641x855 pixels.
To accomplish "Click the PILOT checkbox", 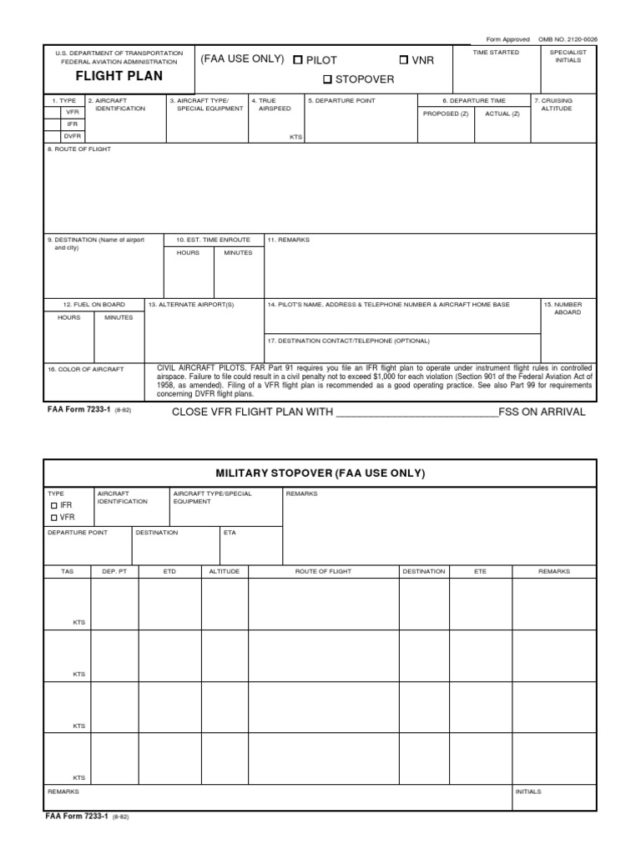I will coord(298,60).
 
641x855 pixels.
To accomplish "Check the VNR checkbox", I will coord(405,60).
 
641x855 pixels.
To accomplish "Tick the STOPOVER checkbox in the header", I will coord(328,79).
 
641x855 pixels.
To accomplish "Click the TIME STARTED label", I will coord(496,53).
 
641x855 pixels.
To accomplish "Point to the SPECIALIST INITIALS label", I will coord(568,56).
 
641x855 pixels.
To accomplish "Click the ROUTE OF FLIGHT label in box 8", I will coord(79,149).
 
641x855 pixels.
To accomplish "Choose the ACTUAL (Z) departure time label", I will coord(502,114).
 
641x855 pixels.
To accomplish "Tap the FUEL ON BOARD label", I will coord(94,305).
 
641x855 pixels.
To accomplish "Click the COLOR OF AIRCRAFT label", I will coord(85,368).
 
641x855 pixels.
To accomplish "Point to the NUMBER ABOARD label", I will coord(568,308).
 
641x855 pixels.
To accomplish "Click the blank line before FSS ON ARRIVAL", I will coord(416,412).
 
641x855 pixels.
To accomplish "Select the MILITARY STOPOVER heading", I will coord(320,473).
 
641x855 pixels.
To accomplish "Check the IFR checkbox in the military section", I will coord(54,506).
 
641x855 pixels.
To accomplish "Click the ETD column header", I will coord(169,571).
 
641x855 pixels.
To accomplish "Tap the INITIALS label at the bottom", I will coord(528,791).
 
